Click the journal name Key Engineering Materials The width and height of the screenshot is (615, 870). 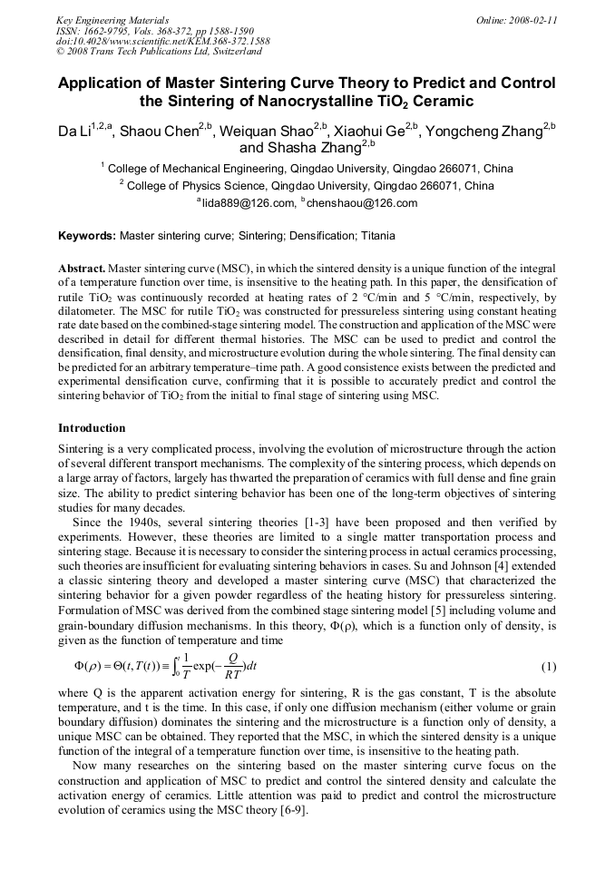point(112,20)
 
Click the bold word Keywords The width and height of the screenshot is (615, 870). point(86,236)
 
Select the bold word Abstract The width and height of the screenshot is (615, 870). point(83,269)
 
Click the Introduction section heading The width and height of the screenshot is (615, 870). point(92,427)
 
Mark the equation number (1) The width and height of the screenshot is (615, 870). point(548,667)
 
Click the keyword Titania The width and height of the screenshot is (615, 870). point(376,236)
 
